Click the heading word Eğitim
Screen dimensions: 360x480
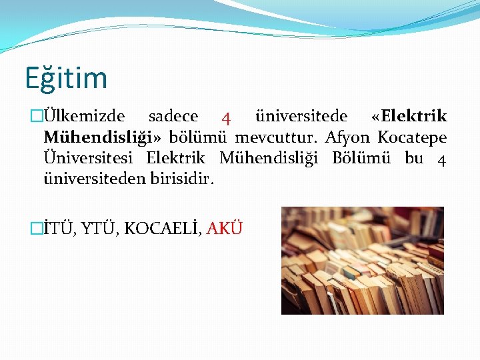point(66,78)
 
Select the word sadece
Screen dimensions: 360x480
point(173,117)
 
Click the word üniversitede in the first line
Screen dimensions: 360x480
point(301,117)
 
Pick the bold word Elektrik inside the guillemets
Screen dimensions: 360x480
point(413,117)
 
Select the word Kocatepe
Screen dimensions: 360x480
point(412,138)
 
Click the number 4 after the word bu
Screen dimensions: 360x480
point(441,160)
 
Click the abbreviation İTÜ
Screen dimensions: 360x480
point(59,228)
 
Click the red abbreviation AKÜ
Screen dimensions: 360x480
point(224,228)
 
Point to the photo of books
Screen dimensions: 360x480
point(362,260)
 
